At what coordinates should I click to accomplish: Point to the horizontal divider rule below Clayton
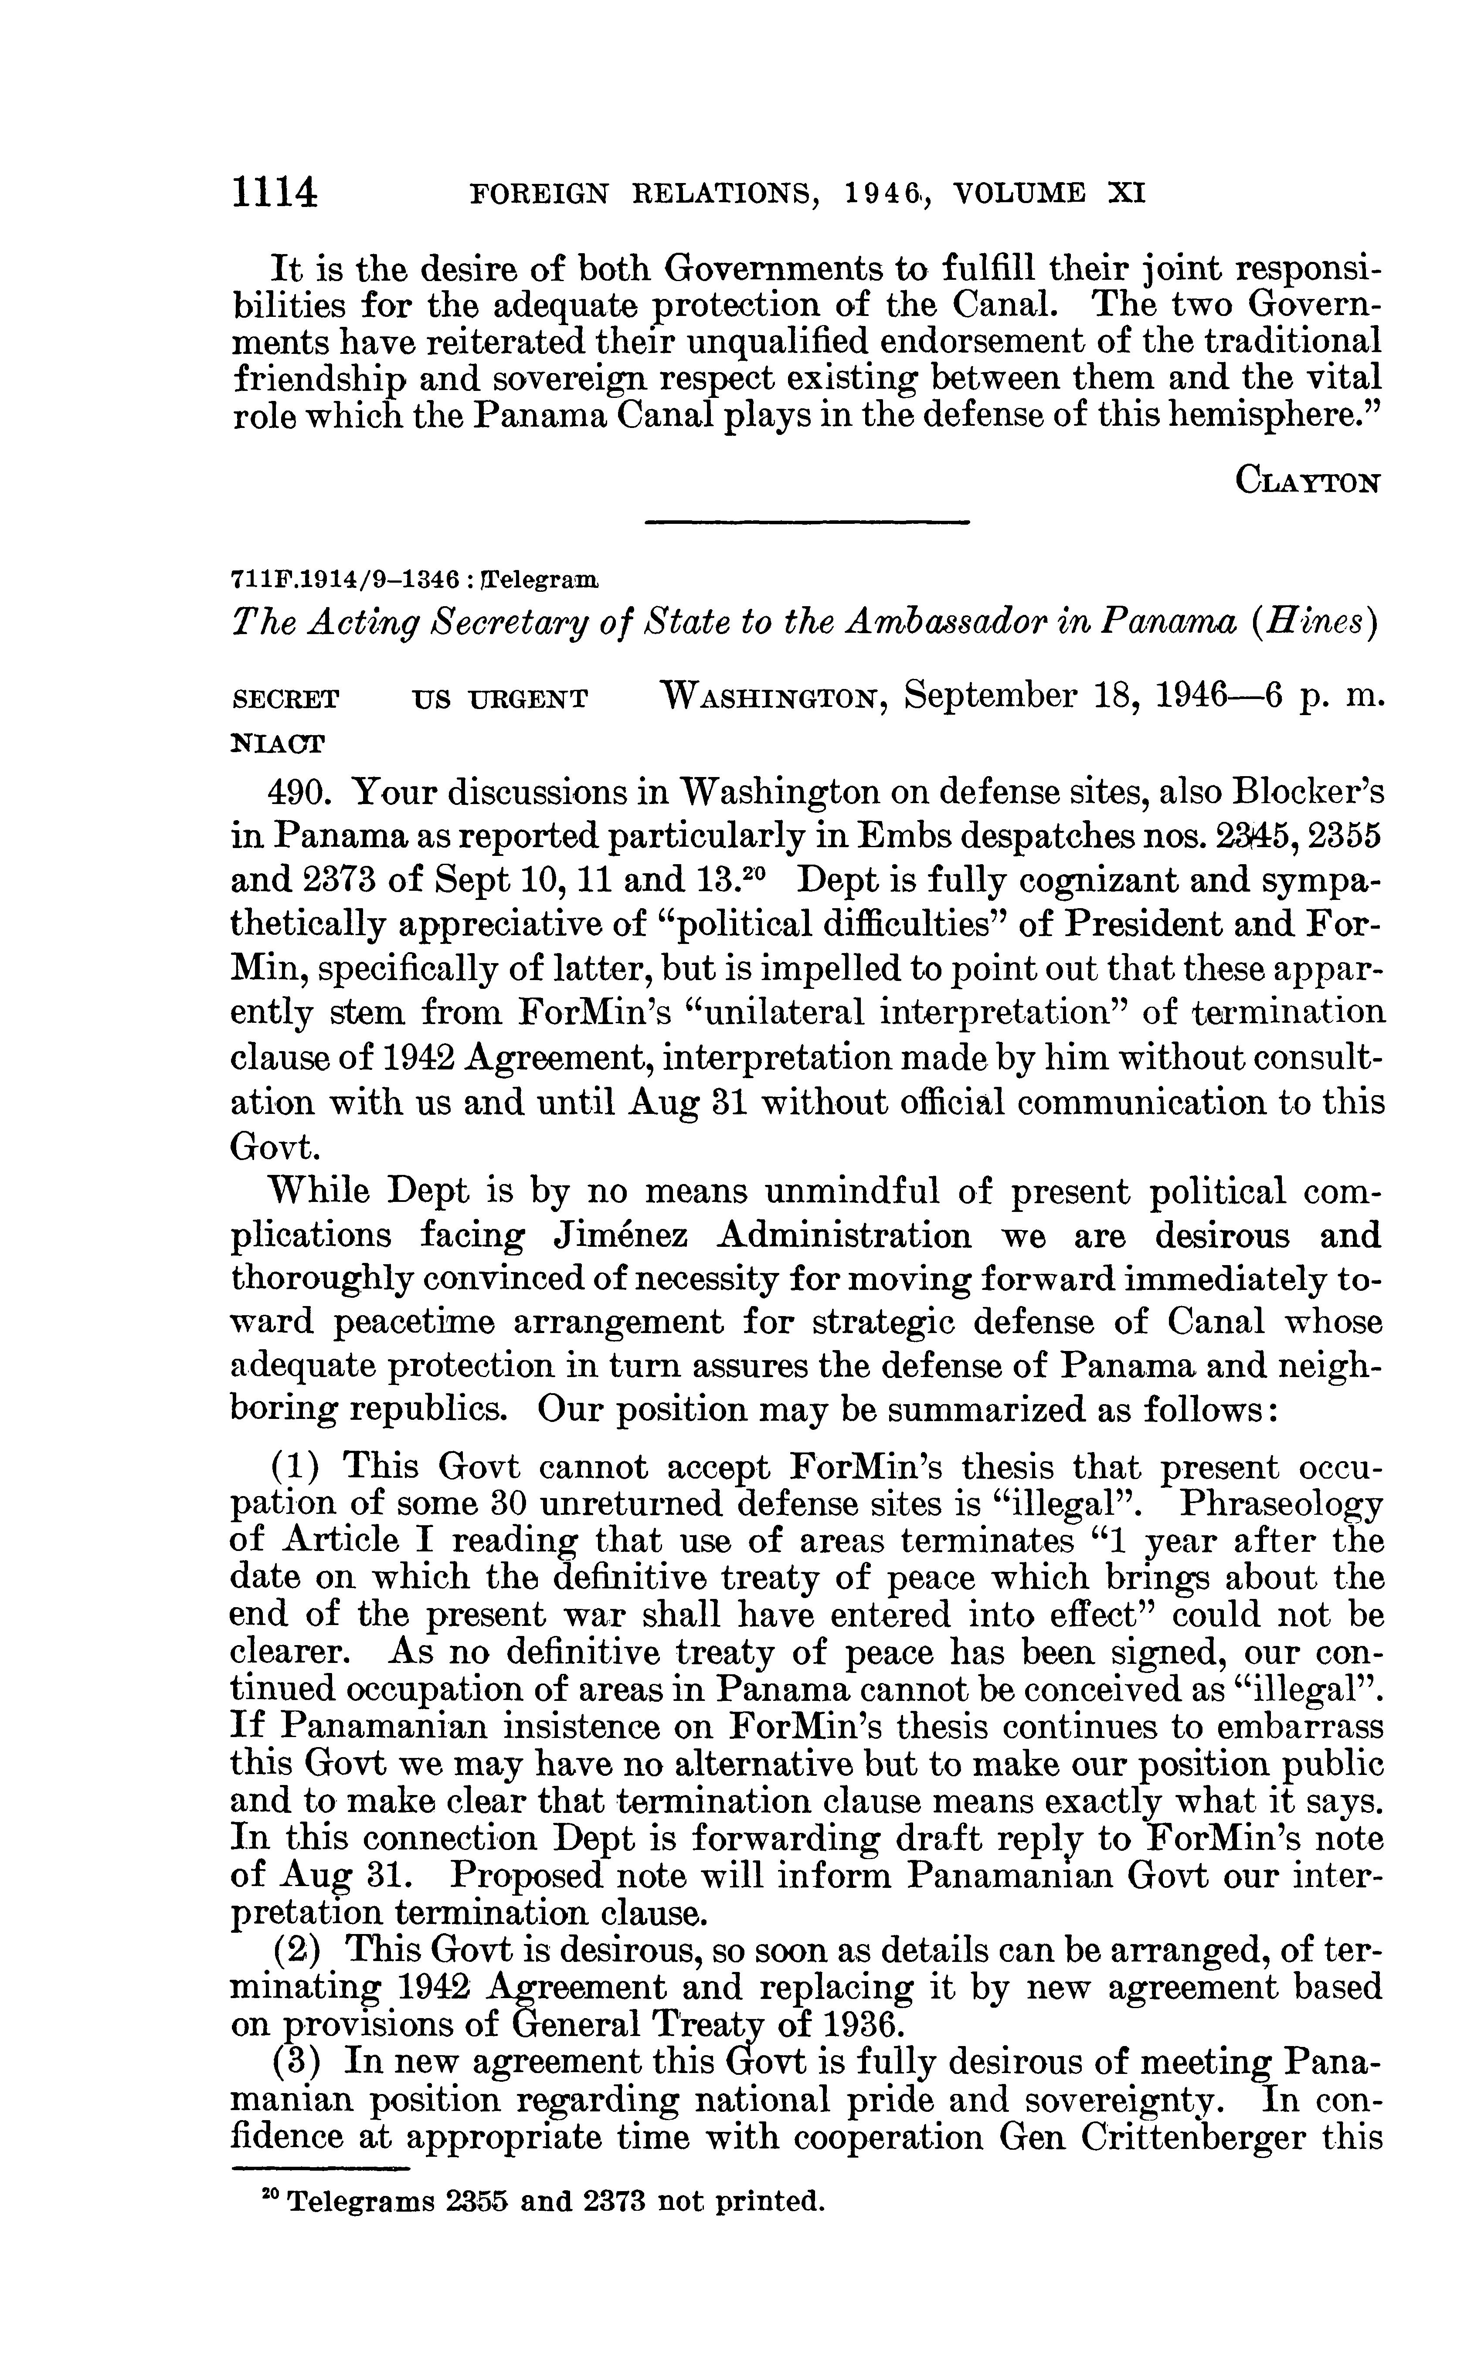pyautogui.click(x=807, y=524)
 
